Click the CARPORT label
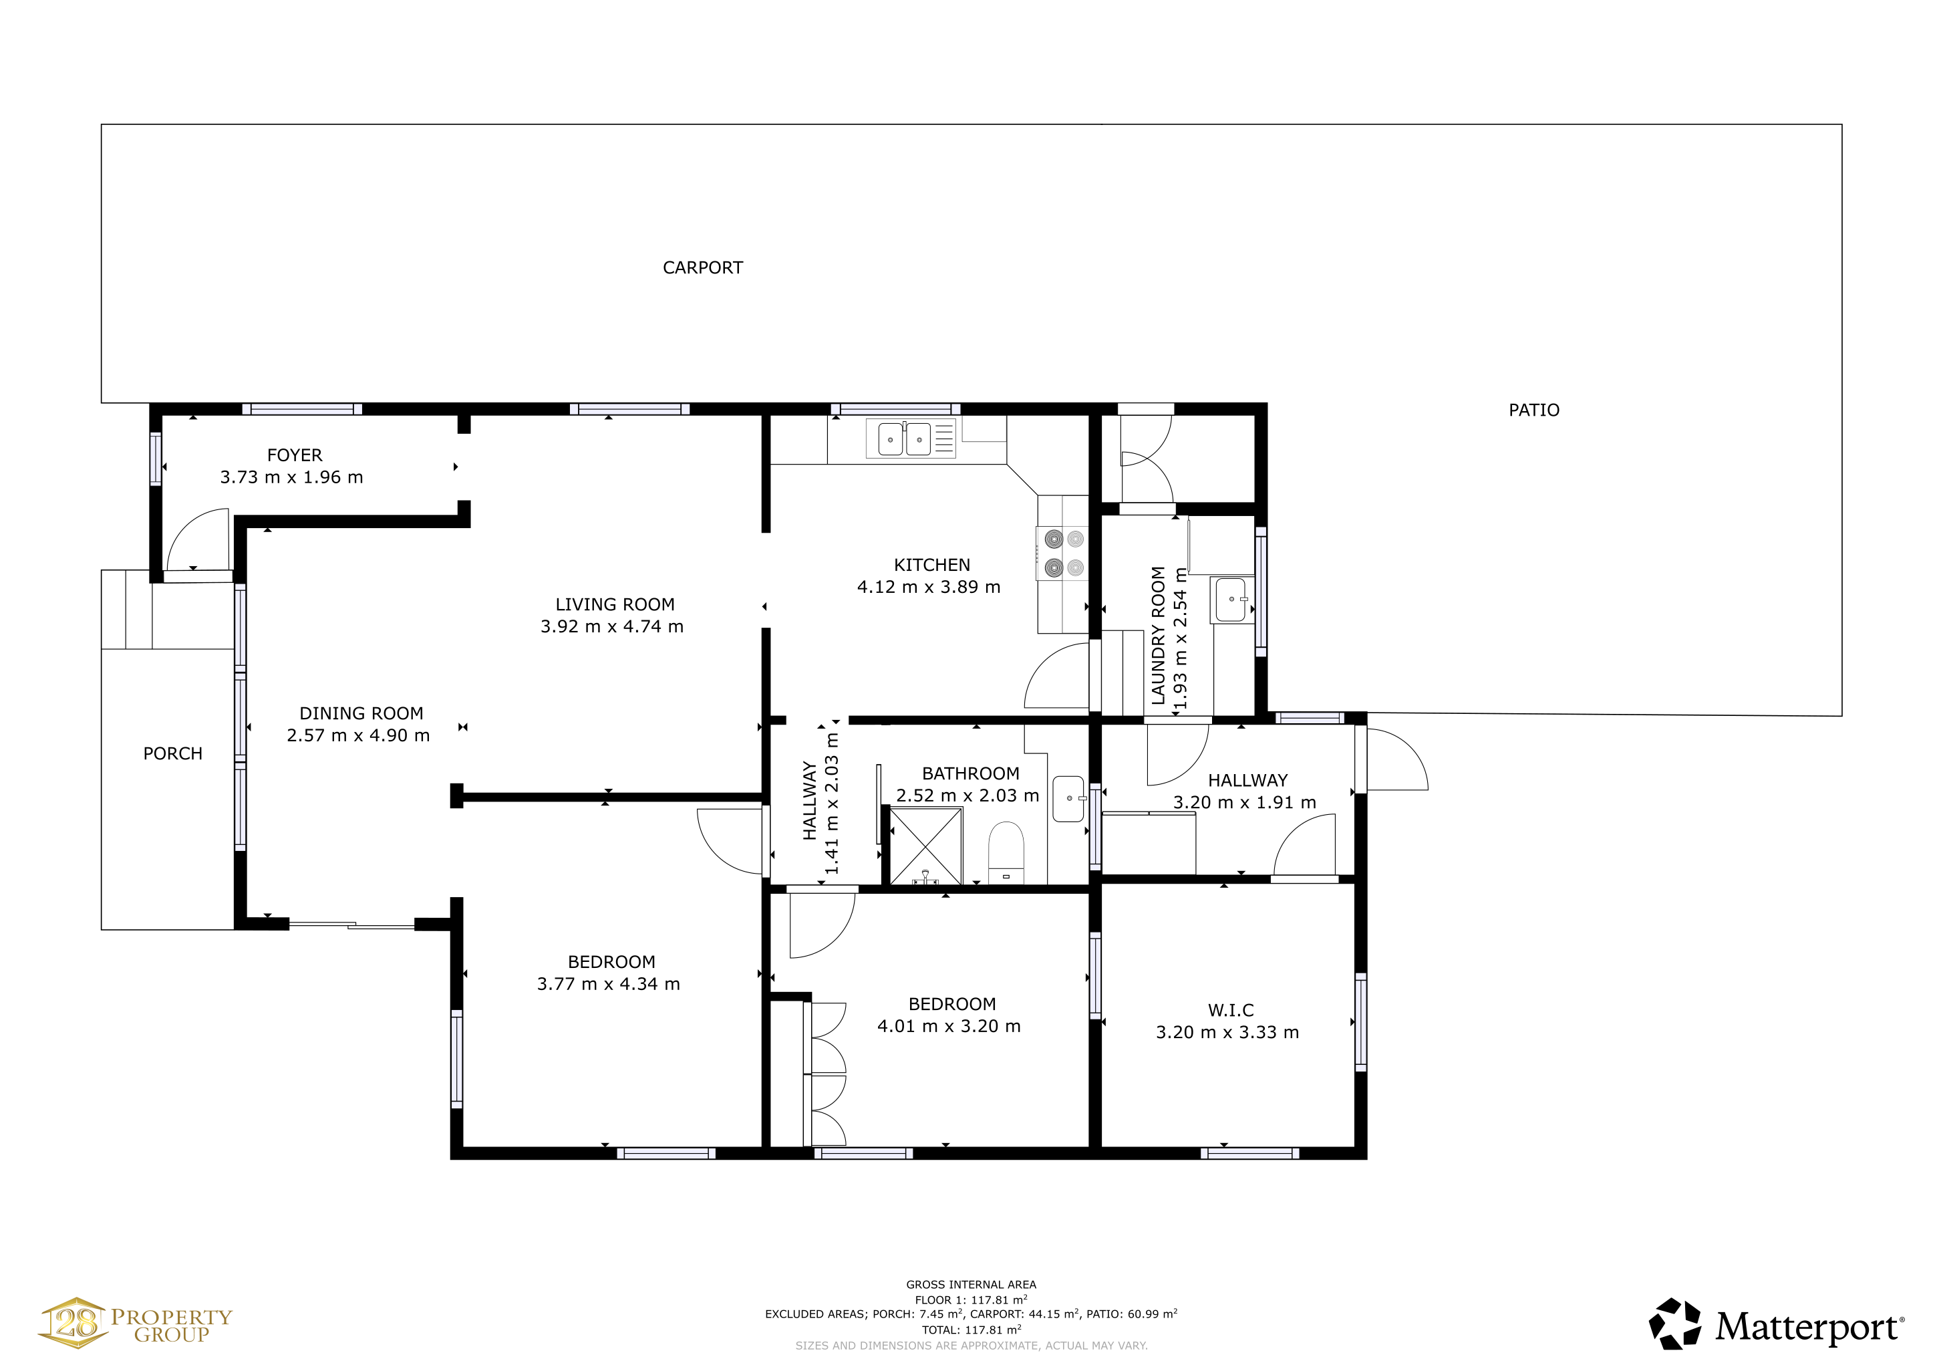click(x=702, y=267)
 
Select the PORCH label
click(x=173, y=753)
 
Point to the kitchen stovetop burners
click(x=1064, y=553)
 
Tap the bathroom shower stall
click(x=925, y=846)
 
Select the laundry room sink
click(x=1232, y=600)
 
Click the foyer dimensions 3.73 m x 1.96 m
click(x=291, y=477)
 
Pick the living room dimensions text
click(x=612, y=626)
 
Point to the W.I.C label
click(x=1231, y=1010)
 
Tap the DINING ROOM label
click(x=361, y=713)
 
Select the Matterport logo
click(x=1776, y=1324)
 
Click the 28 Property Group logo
click(x=135, y=1324)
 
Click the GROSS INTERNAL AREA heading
click(x=971, y=1285)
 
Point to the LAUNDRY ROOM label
click(x=1158, y=636)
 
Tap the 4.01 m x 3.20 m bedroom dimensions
click(x=949, y=1026)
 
